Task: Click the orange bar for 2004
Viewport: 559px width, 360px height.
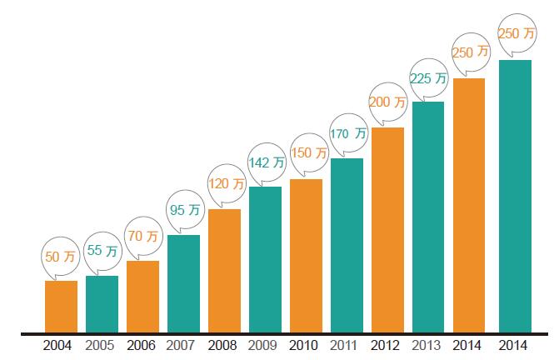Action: (x=61, y=307)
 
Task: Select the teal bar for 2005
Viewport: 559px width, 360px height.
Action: (x=102, y=304)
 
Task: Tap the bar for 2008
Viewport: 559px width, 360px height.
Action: (x=224, y=271)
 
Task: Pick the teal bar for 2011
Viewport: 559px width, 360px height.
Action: (x=347, y=245)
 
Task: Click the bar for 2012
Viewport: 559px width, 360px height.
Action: (x=387, y=230)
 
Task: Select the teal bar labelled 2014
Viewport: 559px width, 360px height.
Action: (x=514, y=196)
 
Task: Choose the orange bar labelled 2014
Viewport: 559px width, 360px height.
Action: (x=469, y=205)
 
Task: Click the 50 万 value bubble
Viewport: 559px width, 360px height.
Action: (x=59, y=257)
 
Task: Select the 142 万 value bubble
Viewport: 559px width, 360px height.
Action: (x=267, y=162)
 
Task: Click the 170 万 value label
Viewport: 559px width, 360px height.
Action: (x=348, y=133)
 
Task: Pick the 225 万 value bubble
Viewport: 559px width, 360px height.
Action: (x=429, y=78)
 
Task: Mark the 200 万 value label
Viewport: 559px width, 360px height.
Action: (x=387, y=102)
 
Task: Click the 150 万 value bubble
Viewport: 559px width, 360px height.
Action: (x=307, y=153)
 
